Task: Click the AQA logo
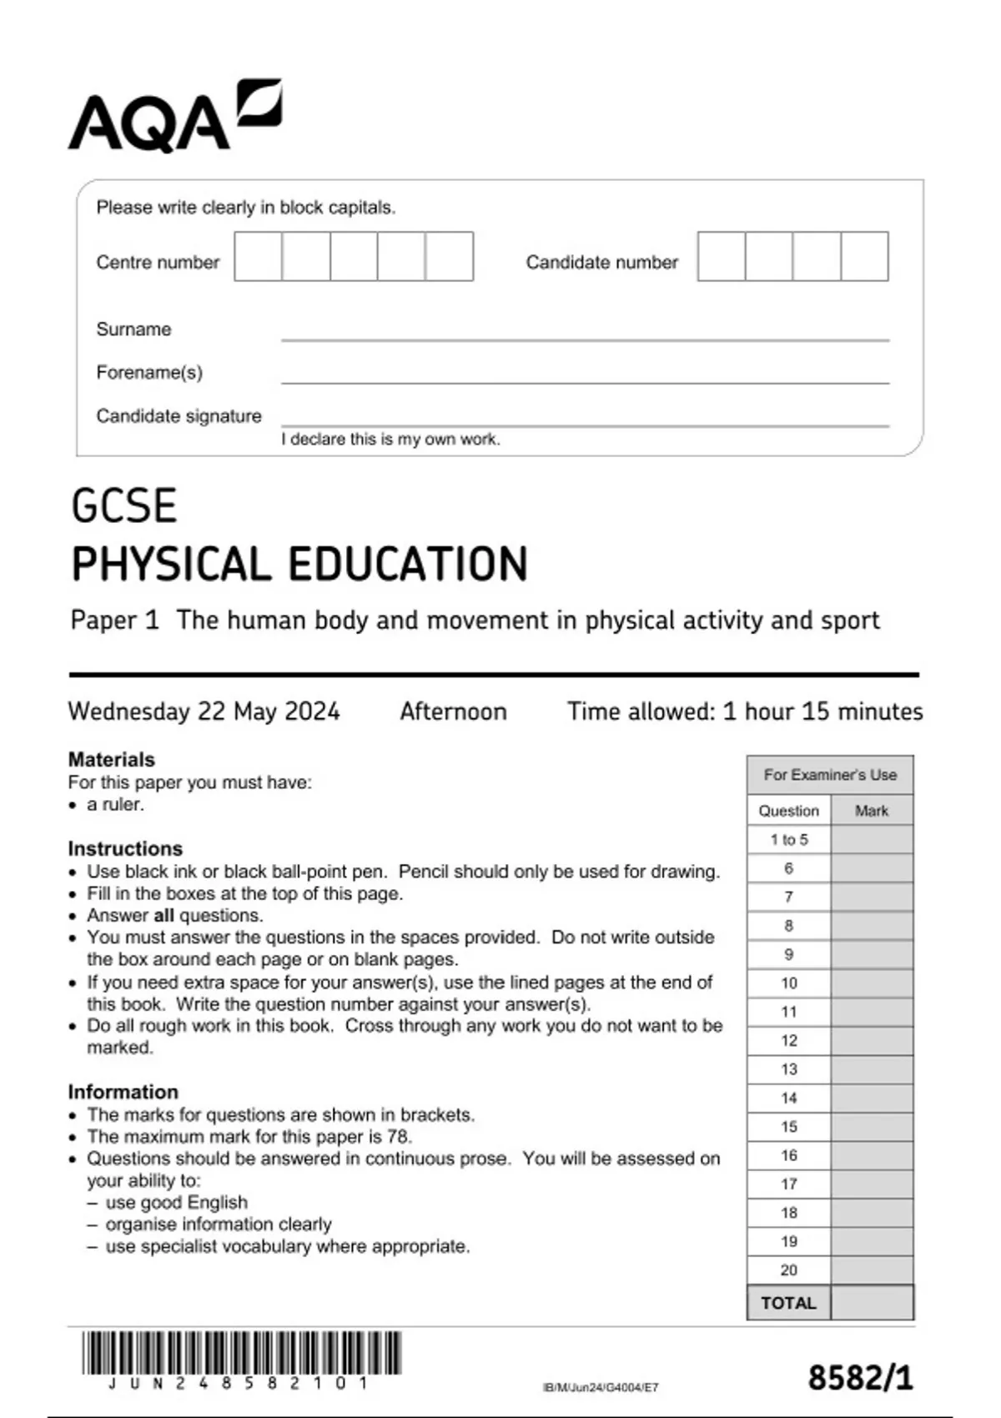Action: tap(174, 117)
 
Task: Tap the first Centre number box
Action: tap(258, 256)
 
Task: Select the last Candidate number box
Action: tap(864, 256)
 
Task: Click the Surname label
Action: tap(133, 329)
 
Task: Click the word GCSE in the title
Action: tap(124, 506)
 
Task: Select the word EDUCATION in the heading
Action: tap(409, 564)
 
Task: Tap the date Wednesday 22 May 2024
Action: tap(204, 712)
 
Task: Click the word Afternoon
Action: tap(453, 712)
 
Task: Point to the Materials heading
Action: tap(111, 760)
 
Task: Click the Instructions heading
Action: tap(125, 848)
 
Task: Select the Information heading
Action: tap(123, 1092)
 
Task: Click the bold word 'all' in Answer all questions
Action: tap(163, 916)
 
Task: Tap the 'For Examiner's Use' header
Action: tap(830, 775)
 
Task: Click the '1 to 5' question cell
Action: tap(788, 840)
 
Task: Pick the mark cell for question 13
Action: tap(872, 1069)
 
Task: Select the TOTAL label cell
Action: tap(788, 1303)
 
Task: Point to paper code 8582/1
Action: tap(860, 1377)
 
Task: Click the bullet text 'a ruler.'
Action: tap(115, 805)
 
